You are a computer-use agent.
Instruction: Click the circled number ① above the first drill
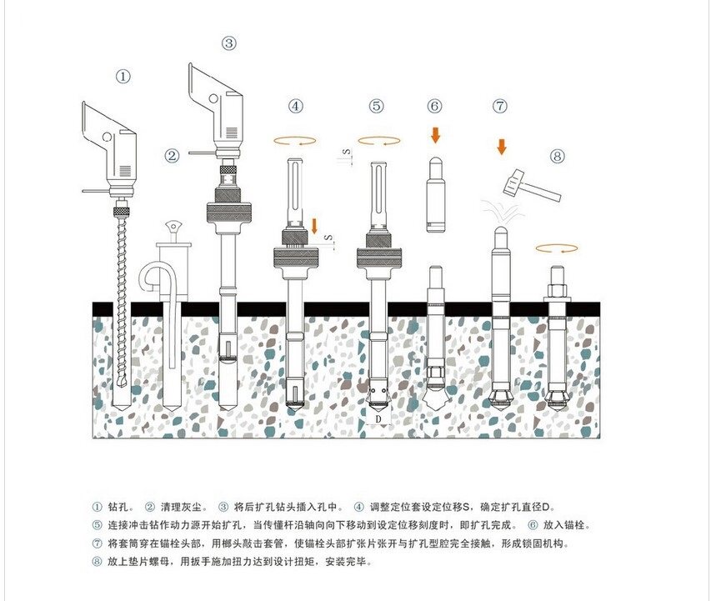[123, 76]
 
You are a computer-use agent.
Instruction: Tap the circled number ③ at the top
[229, 43]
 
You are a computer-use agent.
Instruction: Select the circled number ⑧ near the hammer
[558, 157]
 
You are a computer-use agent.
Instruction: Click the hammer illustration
[532, 185]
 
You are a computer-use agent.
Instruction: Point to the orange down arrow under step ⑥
[435, 135]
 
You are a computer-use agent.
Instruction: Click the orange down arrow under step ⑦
[502, 147]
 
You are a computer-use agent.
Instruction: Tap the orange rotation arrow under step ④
[295, 141]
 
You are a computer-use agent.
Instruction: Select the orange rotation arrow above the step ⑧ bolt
[556, 248]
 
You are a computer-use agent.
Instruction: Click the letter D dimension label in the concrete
[378, 418]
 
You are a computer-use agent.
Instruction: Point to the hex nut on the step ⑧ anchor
[558, 289]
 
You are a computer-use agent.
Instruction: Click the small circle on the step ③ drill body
[213, 98]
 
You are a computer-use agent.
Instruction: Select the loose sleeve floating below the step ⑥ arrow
[435, 194]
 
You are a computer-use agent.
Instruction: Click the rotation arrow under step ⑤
[379, 141]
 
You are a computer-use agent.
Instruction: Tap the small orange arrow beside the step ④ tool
[314, 226]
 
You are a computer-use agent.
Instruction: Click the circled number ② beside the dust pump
[172, 156]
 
